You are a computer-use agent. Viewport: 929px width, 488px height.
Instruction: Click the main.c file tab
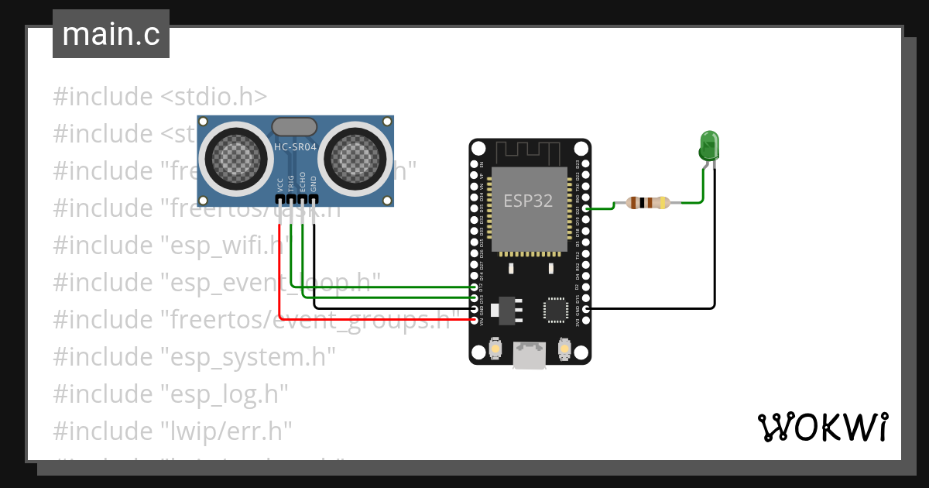(x=111, y=34)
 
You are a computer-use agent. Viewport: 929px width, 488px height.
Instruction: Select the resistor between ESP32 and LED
(x=648, y=203)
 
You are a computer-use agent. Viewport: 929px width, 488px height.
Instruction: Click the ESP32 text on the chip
(x=528, y=201)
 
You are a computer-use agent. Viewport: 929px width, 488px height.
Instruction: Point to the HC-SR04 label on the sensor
(x=295, y=146)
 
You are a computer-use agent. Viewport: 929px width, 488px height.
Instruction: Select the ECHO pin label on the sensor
(x=303, y=182)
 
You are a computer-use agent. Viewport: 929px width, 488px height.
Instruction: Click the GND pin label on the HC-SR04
(x=314, y=184)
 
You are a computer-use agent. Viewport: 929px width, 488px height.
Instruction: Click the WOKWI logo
(x=822, y=427)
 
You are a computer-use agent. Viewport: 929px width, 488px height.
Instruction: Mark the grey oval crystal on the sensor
(x=295, y=126)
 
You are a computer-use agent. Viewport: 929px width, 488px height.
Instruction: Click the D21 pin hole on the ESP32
(x=585, y=209)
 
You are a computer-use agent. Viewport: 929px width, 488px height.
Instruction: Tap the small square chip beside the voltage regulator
(x=556, y=308)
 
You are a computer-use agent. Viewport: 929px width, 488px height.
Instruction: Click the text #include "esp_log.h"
(x=170, y=393)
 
